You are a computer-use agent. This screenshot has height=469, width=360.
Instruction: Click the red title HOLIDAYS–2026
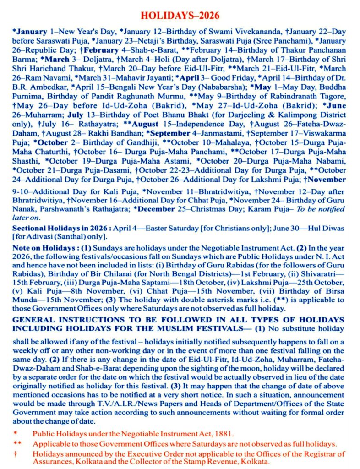tap(180, 16)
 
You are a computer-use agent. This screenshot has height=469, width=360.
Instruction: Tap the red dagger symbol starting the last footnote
tap(16, 454)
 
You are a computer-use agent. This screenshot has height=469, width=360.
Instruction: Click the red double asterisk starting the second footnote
tap(17, 444)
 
